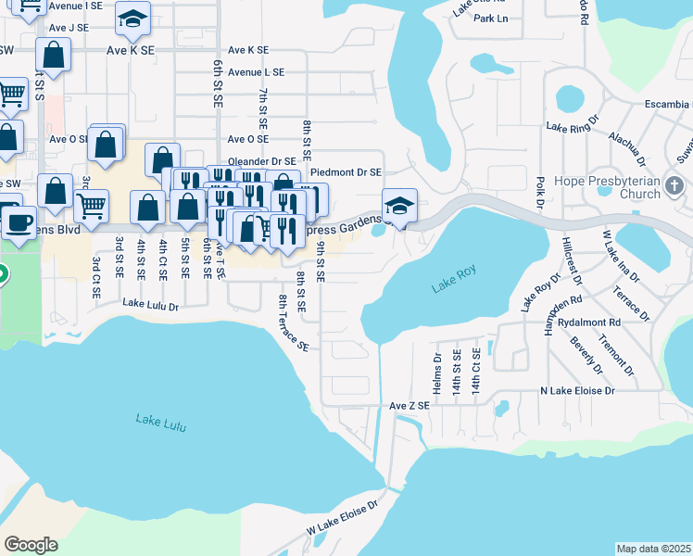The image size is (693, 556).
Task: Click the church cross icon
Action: pos(675,188)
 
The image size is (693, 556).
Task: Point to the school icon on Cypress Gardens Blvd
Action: pos(399,206)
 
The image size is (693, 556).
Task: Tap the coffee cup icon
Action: pos(17,221)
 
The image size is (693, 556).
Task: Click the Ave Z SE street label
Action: pos(409,406)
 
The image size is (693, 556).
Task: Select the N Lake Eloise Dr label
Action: pos(577,391)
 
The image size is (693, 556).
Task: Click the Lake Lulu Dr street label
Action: pos(149,304)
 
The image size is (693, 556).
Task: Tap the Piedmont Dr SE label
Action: pos(346,171)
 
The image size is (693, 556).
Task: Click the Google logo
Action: pos(31,545)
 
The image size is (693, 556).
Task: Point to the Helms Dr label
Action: pos(437,371)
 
